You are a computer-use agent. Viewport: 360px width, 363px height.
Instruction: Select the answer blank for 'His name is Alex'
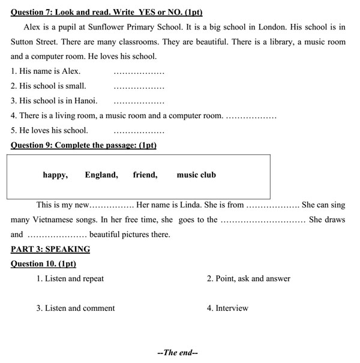[139, 73]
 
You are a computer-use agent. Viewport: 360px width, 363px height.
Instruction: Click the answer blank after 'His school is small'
[139, 88]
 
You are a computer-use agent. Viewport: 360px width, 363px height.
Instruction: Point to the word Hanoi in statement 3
[85, 101]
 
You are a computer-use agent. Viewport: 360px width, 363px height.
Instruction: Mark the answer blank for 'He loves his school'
[139, 131]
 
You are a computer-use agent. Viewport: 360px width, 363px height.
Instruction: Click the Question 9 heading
[83, 145]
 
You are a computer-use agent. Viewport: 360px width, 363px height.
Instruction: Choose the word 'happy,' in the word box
[55, 175]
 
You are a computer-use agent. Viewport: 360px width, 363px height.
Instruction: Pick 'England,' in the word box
[101, 175]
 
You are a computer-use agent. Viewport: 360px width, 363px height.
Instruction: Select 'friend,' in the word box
[145, 175]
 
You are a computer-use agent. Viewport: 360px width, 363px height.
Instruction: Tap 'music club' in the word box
[196, 175]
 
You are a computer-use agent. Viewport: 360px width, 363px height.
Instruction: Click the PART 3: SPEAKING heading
[50, 249]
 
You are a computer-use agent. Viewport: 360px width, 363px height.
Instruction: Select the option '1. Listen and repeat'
[70, 278]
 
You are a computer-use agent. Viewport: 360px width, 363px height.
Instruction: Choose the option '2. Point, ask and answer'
[248, 278]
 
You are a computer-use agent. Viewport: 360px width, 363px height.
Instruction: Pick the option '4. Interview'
[227, 308]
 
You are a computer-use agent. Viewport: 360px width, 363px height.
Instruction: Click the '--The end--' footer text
[178, 353]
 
